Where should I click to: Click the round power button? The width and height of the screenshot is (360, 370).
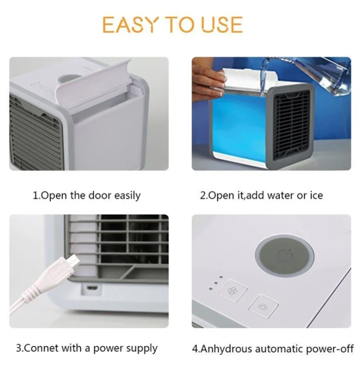click(284, 255)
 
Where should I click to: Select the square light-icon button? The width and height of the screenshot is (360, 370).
click(264, 306)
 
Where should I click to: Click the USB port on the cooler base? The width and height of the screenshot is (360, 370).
click(90, 288)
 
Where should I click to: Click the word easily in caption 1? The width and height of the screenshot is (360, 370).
click(126, 195)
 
